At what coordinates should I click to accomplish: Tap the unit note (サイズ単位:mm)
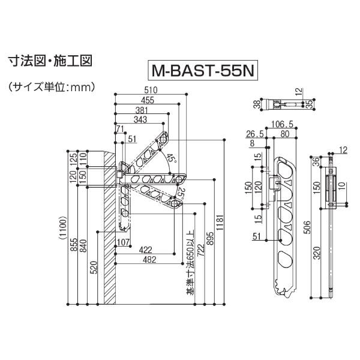click(52, 88)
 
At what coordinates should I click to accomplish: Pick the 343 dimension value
click(140, 119)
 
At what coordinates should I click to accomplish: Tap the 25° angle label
click(182, 193)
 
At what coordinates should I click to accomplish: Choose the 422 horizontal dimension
click(144, 249)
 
